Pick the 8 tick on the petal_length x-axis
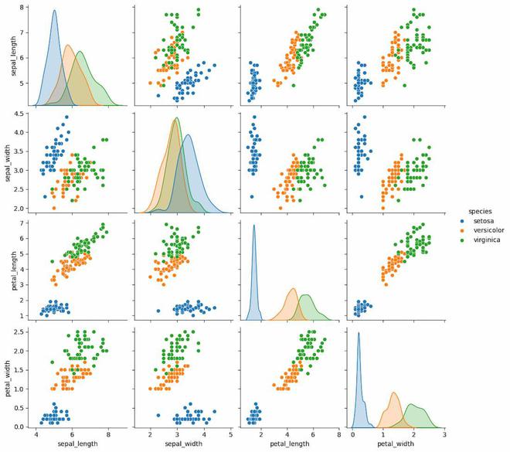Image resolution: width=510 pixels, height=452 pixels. (x=339, y=435)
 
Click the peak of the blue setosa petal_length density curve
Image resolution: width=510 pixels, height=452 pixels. (x=254, y=226)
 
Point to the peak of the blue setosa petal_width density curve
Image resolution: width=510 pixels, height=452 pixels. (x=359, y=333)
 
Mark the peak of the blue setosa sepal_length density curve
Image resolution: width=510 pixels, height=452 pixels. (x=54, y=11)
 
